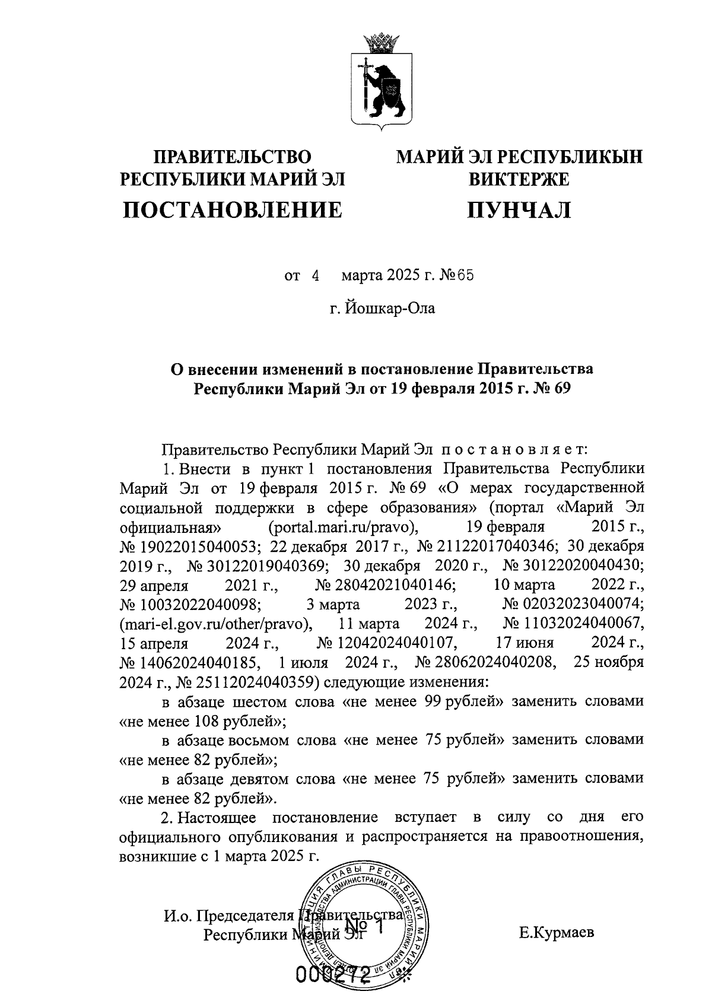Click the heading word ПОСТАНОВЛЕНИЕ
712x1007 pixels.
point(233,209)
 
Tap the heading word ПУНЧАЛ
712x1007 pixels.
point(519,209)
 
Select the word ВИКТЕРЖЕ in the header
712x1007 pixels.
point(519,179)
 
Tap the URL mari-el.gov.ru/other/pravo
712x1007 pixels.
point(217,624)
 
